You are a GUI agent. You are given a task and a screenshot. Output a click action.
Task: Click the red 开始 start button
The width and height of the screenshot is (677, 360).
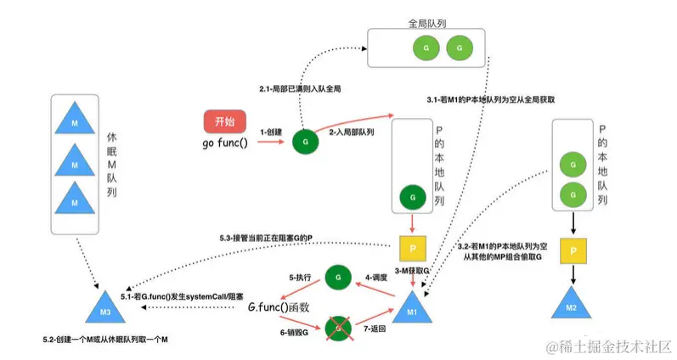click(x=225, y=120)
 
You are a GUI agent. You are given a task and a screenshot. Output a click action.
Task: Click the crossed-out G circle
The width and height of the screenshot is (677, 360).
click(x=338, y=326)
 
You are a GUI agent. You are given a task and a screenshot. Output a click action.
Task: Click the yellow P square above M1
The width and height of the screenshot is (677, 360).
click(x=411, y=250)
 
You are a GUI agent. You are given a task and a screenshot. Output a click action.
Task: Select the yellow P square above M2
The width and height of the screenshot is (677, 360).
click(x=574, y=251)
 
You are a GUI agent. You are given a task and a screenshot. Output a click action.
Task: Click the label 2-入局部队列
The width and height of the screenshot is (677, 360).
click(x=352, y=132)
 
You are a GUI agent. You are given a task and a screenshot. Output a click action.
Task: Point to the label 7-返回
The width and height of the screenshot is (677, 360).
click(x=374, y=327)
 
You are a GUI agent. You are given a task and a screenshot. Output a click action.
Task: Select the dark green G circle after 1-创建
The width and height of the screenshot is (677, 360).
click(x=303, y=142)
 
